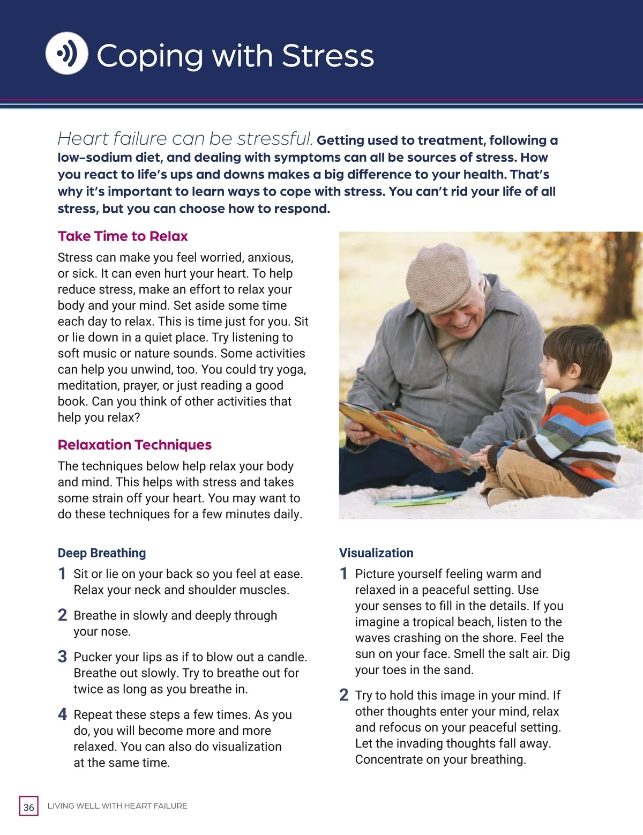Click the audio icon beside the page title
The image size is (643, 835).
(x=66, y=53)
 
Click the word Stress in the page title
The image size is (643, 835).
(x=327, y=56)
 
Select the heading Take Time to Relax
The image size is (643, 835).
(x=123, y=236)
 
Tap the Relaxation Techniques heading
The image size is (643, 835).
(x=134, y=445)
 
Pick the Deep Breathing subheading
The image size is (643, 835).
(x=102, y=553)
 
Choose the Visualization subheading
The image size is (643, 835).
(x=376, y=553)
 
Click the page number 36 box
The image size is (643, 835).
(x=29, y=807)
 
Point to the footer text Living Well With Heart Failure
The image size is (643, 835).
(x=117, y=806)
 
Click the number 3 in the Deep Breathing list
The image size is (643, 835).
(x=63, y=657)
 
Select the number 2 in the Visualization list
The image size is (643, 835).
(x=344, y=696)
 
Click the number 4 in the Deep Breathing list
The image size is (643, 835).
(x=63, y=714)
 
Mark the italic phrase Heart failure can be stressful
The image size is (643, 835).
(x=185, y=139)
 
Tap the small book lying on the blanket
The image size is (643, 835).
(x=413, y=500)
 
